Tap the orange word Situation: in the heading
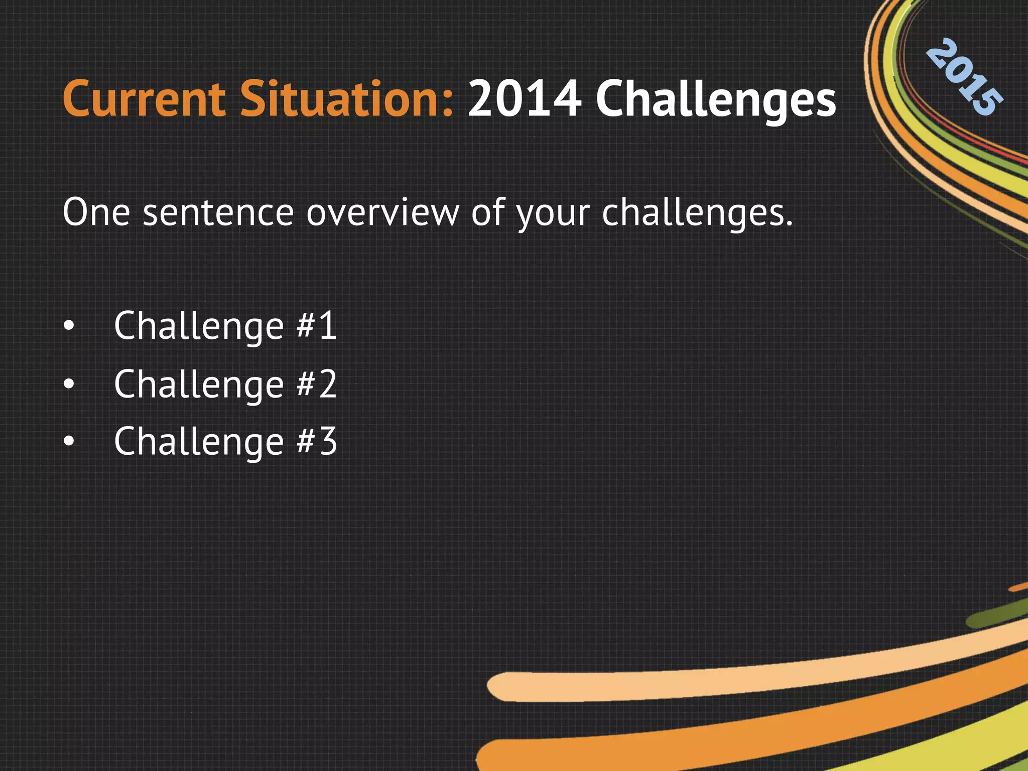(x=346, y=99)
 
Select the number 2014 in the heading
(x=524, y=99)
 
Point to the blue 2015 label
(x=964, y=78)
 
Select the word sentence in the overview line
(x=218, y=212)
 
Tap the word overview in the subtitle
(x=382, y=212)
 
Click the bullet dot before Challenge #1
(x=69, y=327)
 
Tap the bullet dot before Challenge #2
(x=69, y=384)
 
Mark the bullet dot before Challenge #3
(x=69, y=442)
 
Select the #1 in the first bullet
(x=316, y=326)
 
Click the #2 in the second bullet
(x=316, y=384)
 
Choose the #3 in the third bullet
(x=316, y=441)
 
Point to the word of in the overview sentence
(x=487, y=212)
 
